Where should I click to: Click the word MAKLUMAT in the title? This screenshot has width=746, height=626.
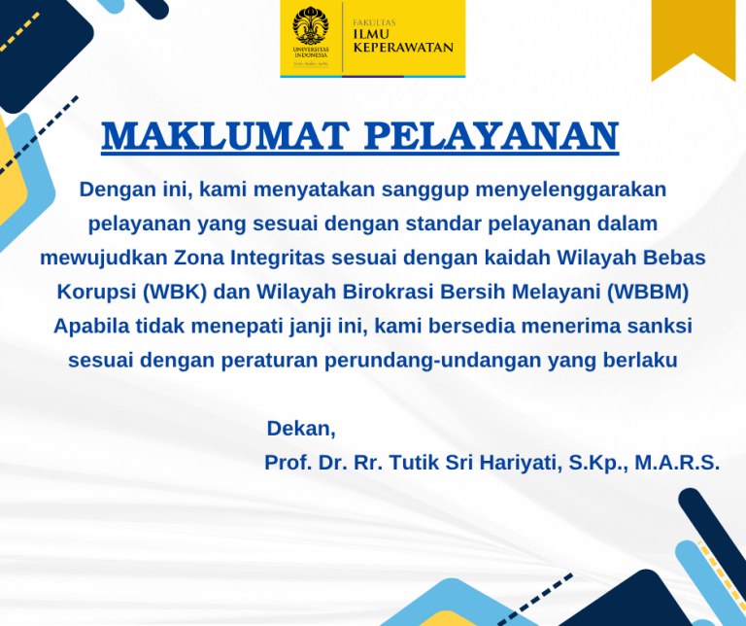225,136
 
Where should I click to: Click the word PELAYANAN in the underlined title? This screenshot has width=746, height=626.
492,136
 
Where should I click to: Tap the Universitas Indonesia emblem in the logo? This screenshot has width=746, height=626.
311,25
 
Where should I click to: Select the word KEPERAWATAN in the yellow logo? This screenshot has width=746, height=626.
403,47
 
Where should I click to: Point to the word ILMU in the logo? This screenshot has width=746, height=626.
371,34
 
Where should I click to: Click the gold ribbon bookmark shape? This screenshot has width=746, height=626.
694,39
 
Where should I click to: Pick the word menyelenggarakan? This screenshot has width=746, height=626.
571,191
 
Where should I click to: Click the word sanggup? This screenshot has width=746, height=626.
425,191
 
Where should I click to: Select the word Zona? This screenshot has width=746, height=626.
199,258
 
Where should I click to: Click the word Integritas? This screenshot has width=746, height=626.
278,259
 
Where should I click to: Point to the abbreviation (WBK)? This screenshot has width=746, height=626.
175,292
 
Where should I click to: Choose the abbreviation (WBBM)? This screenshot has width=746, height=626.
648,292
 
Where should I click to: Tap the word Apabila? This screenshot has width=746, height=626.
91,327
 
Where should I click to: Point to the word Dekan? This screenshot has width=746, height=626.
299,429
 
